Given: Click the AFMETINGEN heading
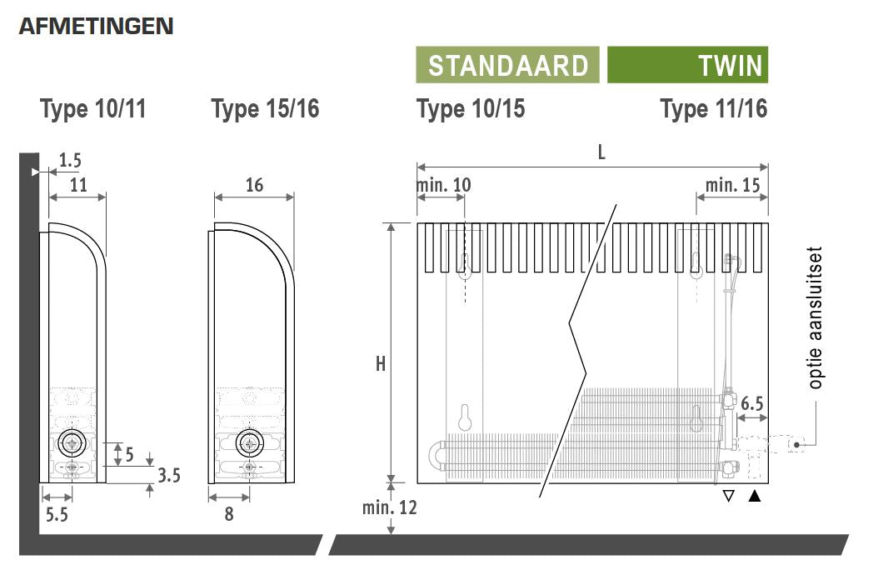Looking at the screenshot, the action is (x=97, y=27).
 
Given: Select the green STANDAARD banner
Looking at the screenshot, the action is (x=507, y=65).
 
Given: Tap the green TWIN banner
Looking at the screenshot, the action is (x=687, y=65).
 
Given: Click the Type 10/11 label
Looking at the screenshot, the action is (x=93, y=108).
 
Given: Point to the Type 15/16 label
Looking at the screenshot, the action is (x=266, y=108).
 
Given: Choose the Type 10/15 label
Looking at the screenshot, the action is (x=471, y=108).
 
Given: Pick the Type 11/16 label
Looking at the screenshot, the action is (x=714, y=108).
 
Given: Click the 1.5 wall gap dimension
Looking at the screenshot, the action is (x=70, y=161).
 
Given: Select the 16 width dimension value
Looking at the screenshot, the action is (x=254, y=185).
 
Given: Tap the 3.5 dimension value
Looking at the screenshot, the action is (x=168, y=475).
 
